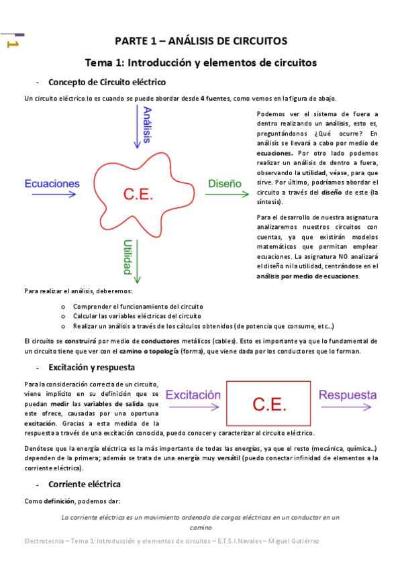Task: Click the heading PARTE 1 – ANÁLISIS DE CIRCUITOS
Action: click(201, 41)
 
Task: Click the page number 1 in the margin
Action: click(11, 44)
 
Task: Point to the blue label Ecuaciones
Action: click(52, 183)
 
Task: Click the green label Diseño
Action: click(225, 183)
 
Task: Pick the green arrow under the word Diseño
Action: click(225, 195)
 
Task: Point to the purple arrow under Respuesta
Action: click(348, 407)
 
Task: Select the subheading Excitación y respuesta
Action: click(92, 368)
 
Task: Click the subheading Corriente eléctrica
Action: click(85, 483)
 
